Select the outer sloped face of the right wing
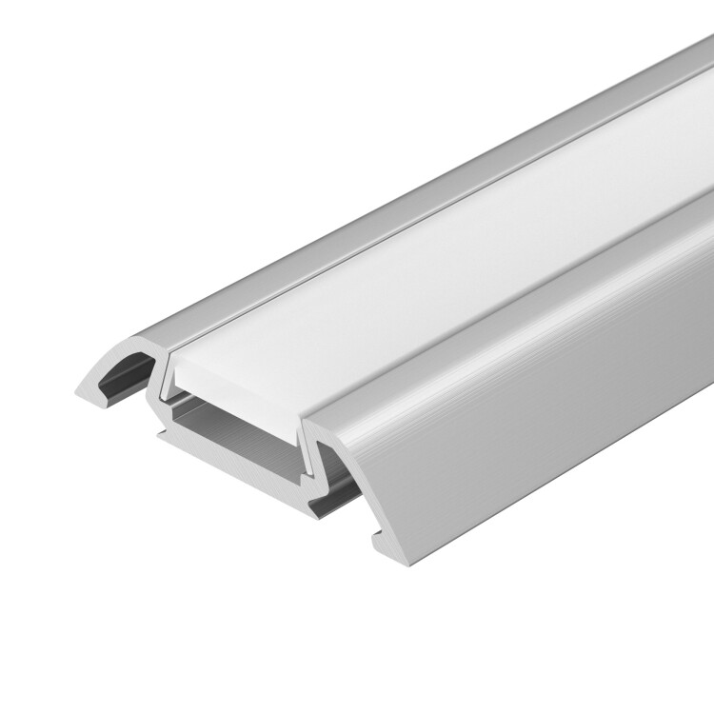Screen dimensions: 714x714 pos(514,381)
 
